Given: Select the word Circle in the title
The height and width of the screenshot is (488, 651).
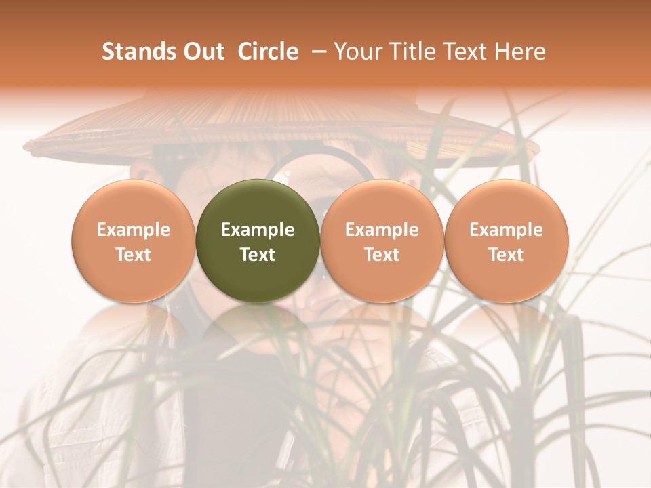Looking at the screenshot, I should pos(268,52).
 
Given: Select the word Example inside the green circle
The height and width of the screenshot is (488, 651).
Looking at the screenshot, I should pos(258,230).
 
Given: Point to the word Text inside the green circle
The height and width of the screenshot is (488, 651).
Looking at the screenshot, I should pos(258,255).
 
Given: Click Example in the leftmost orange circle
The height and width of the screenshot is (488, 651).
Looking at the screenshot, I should pos(134,230).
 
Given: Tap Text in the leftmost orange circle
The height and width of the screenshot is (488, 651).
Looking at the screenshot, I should pos(134,255).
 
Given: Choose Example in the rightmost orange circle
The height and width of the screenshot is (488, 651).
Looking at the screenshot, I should pos(507,230).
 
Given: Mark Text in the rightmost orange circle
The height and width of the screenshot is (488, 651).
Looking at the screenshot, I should pos(507,255).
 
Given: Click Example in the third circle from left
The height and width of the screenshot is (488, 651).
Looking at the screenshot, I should pos(382,230).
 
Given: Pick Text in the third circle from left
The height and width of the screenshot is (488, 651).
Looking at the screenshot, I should pos(382,255).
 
